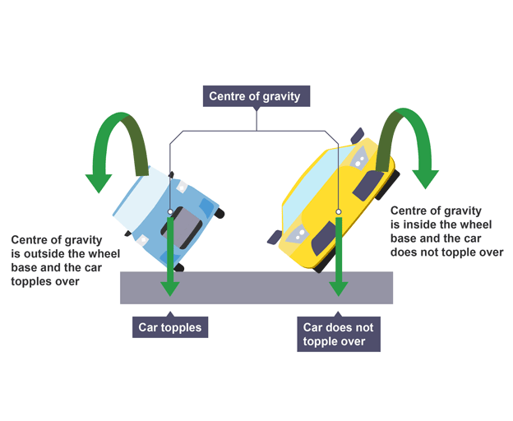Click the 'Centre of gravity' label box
[x=256, y=96]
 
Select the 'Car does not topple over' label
[x=338, y=335]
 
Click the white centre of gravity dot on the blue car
[x=170, y=212]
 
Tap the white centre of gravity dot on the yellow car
[x=338, y=212]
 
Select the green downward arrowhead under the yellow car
[x=338, y=288]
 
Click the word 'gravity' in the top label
[x=284, y=96]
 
